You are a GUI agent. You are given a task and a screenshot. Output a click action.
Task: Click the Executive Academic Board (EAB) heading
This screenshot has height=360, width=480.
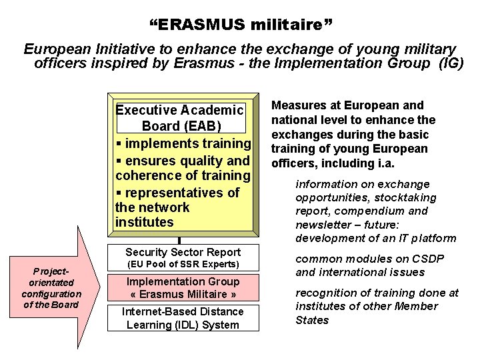coord(179,118)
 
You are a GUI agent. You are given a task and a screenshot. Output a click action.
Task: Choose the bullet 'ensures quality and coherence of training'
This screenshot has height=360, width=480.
coord(183,168)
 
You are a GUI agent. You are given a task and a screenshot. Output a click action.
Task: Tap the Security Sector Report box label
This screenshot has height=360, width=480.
coord(183,251)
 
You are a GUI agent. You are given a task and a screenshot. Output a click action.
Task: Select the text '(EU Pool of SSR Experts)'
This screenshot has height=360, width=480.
coord(182,265)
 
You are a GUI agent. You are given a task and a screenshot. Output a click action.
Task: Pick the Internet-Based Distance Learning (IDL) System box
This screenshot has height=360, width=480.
coord(182,317)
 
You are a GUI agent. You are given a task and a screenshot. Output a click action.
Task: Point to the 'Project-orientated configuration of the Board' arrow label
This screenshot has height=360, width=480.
coord(51,287)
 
